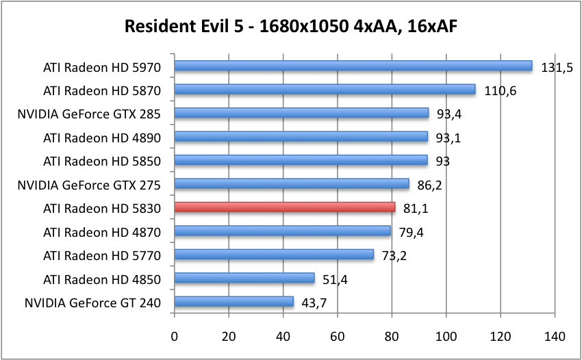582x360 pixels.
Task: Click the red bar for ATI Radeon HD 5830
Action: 285,207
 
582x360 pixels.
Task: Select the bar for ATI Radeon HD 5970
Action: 353,66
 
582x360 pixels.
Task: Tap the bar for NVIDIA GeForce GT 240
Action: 234,302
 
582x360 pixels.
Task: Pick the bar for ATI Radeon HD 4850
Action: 244,278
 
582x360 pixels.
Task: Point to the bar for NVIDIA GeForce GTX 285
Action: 301,113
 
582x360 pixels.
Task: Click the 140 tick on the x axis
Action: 555,336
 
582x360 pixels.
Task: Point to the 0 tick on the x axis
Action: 175,336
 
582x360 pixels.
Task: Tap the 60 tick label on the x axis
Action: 338,336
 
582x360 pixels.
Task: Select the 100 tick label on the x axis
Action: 446,336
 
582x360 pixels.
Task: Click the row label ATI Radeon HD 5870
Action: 102,90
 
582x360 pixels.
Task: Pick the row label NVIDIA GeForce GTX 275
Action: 89,184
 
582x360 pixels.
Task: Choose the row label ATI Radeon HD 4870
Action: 102,231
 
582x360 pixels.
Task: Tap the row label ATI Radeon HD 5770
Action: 102,255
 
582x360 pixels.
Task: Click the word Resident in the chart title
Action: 157,28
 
